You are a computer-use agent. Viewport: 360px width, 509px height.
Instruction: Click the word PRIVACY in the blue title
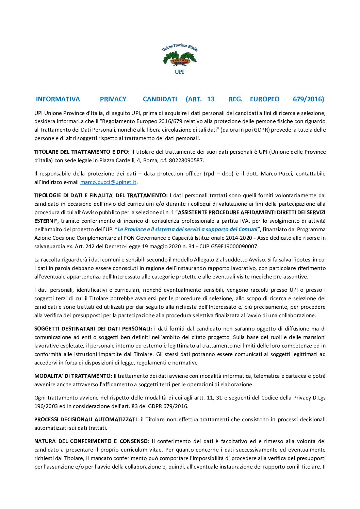pyautogui.click(x=113, y=99)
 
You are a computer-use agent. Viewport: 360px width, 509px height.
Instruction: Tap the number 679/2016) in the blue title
pyautogui.click(x=308, y=99)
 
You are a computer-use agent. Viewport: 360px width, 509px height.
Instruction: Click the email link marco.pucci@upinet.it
pyautogui.click(x=108, y=182)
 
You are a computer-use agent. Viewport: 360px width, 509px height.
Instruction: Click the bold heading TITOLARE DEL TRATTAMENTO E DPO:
pyautogui.click(x=82, y=152)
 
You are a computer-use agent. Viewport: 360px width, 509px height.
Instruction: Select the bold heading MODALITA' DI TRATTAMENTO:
pyautogui.click(x=73, y=376)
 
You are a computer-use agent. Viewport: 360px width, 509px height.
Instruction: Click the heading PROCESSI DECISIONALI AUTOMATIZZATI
pyautogui.click(x=85, y=420)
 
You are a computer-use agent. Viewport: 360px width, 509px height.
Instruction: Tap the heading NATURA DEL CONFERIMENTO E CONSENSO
pyautogui.click(x=91, y=441)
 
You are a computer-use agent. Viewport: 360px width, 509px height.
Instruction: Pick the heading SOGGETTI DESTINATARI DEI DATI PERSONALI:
pyautogui.click(x=93, y=329)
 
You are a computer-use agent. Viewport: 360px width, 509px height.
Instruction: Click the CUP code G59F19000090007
pyautogui.click(x=235, y=247)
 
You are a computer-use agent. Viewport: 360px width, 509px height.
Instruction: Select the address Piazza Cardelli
pyautogui.click(x=117, y=160)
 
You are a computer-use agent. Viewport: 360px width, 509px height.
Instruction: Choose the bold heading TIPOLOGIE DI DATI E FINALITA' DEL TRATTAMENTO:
pyautogui.click(x=101, y=196)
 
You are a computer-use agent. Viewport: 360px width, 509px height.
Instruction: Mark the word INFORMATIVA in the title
pyautogui.click(x=58, y=99)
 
